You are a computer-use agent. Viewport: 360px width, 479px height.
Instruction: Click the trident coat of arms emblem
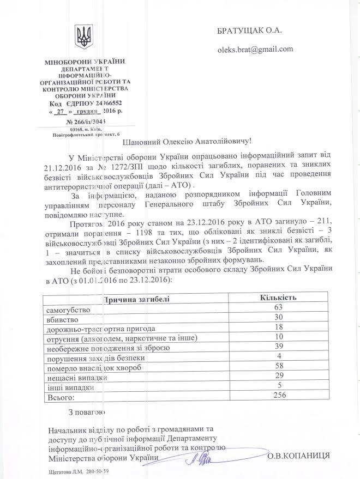coord(83,37)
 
